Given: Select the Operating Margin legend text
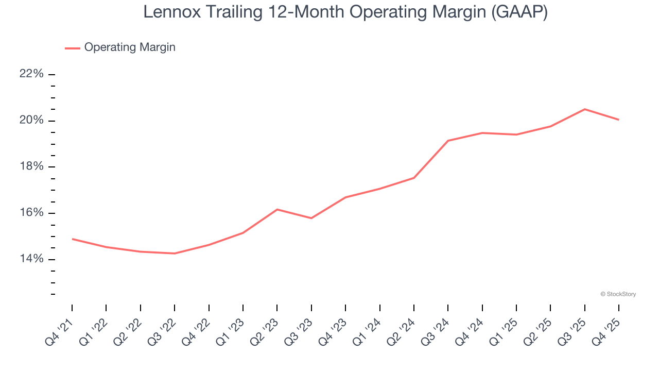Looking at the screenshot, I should click(130, 47).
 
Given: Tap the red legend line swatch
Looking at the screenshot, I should click(72, 48).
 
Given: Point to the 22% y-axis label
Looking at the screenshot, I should click(31, 74).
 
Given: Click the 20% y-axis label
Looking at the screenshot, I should click(31, 121).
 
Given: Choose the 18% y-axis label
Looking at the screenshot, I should click(31, 167).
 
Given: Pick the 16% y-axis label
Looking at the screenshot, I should click(31, 213).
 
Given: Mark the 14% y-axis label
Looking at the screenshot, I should click(31, 259).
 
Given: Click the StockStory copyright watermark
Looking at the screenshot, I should click(618, 294).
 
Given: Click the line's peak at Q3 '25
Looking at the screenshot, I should click(584, 109).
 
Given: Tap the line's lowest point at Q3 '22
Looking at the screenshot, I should click(175, 254).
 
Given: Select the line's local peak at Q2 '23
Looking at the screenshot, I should click(277, 209).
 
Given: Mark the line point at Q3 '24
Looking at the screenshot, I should click(448, 141).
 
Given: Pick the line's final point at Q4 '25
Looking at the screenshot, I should click(618, 120).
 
